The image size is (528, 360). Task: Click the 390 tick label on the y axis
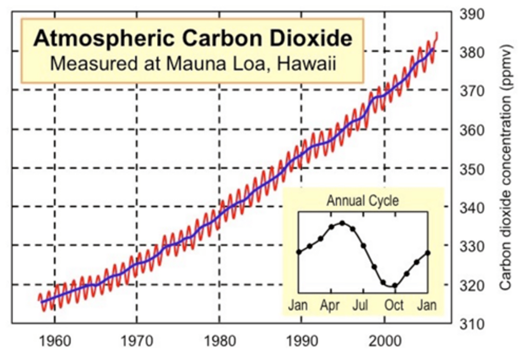tap(472, 15)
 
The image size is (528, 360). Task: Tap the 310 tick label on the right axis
tap(472, 324)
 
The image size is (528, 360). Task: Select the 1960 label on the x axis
tap(55, 341)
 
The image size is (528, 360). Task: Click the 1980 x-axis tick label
tap(220, 341)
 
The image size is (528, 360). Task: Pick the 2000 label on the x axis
tap(385, 341)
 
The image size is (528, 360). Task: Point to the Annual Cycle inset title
tap(363, 201)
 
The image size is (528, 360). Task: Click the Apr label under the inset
tap(330, 305)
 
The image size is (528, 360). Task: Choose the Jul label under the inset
tap(360, 305)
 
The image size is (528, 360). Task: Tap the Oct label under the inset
tap(394, 305)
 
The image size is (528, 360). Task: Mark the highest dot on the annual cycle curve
tap(342, 223)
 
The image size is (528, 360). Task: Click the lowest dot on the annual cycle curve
tap(395, 286)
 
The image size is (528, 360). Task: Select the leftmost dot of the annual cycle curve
tap(299, 252)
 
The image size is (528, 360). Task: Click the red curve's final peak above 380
tap(437, 34)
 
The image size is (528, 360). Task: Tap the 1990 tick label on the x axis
tap(302, 341)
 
